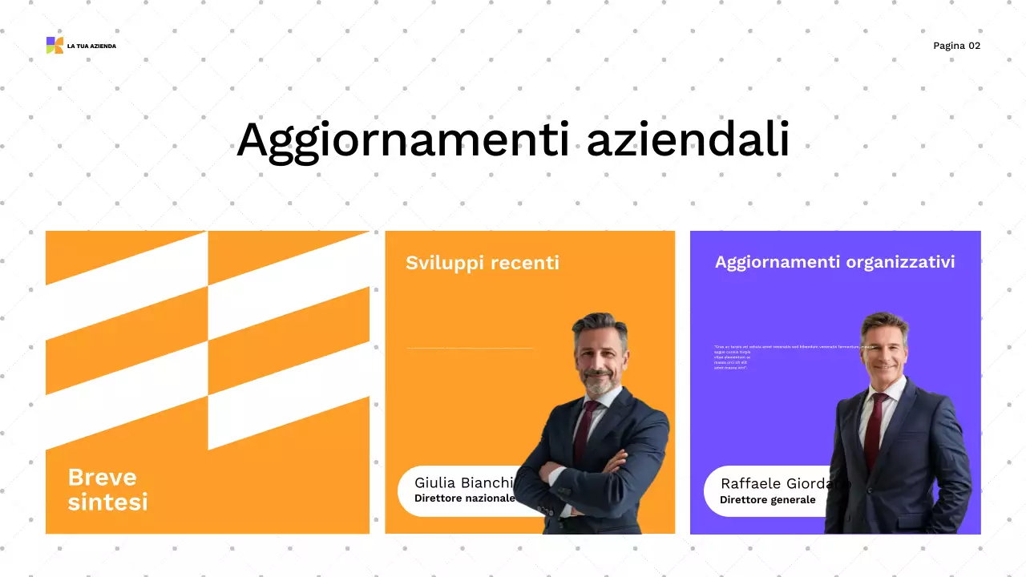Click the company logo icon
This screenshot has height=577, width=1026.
coord(55,46)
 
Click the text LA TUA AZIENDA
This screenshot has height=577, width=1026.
coord(91,46)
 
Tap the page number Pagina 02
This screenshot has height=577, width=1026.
coord(956,46)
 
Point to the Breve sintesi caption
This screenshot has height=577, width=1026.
coord(107,489)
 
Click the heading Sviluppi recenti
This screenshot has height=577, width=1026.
coord(482,263)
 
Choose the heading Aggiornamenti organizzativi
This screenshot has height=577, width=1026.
coord(834,262)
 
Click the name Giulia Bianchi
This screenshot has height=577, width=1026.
coord(463,482)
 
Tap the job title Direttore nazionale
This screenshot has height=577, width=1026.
coord(464,498)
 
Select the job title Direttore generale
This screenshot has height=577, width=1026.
coord(767,500)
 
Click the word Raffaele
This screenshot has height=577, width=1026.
coord(751,483)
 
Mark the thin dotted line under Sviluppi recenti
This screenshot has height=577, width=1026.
coord(470,349)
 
